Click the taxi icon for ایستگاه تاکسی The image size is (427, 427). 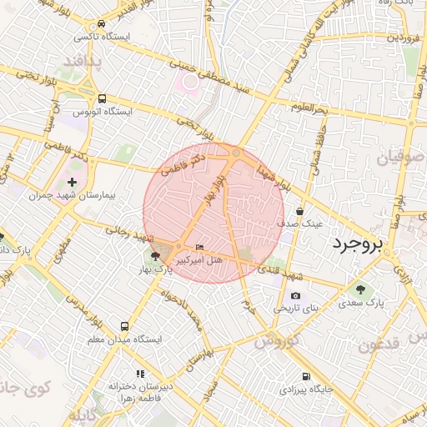[x=101, y=24]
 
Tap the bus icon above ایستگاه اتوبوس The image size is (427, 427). [x=102, y=98]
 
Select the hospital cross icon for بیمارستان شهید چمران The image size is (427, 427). [x=73, y=182]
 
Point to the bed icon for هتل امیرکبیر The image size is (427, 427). [x=198, y=248]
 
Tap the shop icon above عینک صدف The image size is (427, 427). [x=299, y=212]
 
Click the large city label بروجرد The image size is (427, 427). [x=356, y=244]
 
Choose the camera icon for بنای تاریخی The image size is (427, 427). [x=295, y=296]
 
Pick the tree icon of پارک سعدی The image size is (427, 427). [x=360, y=290]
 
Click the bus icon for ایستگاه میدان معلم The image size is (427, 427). [x=125, y=327]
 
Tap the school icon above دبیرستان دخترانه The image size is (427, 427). [x=140, y=374]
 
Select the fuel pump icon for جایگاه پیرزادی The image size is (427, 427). [x=307, y=376]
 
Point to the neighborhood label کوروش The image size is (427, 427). [x=277, y=340]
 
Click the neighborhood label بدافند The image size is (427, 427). [x=83, y=62]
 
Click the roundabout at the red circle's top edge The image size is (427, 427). [x=237, y=153]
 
